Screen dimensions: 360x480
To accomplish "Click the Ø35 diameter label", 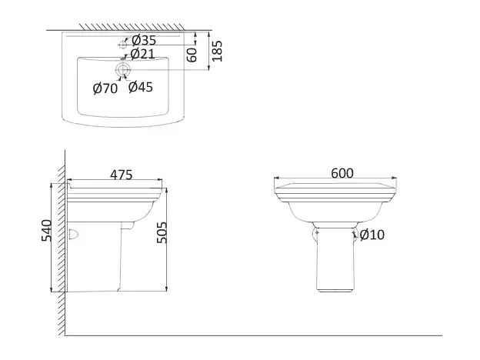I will (144, 40).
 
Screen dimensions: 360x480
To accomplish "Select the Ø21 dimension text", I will (144, 53).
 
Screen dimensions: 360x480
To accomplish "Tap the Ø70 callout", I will (105, 88).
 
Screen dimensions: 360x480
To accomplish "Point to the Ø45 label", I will (141, 87).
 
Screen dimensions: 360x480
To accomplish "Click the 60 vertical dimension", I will (192, 54).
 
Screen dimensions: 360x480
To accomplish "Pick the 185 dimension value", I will (217, 52).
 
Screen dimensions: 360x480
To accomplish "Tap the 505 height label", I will (162, 228).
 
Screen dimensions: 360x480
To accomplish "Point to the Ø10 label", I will (372, 234).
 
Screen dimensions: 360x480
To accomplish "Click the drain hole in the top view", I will (122, 71).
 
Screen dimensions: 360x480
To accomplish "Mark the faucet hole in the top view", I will (122, 45).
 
